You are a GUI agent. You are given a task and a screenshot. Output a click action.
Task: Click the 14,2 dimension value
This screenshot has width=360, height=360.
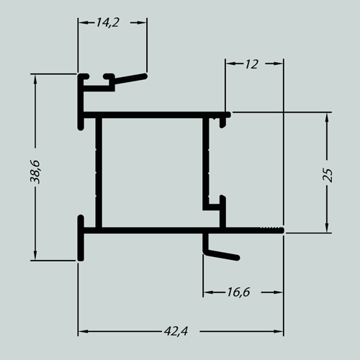108,23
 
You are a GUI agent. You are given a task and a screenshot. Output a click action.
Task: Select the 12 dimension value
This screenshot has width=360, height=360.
252,64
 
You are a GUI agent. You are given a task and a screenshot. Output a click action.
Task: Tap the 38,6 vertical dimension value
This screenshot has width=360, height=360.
35,171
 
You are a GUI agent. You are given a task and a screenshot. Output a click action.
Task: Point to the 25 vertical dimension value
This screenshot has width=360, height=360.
328,175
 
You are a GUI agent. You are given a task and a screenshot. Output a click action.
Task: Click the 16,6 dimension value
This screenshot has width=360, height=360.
238,292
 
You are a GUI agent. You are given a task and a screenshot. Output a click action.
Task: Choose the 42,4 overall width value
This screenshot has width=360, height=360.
176,331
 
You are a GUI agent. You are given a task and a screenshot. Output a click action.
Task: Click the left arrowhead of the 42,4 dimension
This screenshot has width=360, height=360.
83,331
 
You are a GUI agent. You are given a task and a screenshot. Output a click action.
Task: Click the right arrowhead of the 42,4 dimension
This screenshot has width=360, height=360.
279,331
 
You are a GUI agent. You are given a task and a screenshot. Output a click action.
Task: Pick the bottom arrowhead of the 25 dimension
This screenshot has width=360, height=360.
327,228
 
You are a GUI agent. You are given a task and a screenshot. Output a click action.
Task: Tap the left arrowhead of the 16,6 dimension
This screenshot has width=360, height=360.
208,292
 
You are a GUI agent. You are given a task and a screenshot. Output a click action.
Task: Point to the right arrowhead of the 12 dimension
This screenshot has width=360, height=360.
279,63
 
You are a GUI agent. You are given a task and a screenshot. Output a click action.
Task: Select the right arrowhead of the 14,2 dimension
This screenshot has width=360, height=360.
142,22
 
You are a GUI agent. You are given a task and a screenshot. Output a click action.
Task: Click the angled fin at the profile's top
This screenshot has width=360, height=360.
130,78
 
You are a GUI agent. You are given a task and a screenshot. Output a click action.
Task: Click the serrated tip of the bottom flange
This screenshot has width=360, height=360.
272,230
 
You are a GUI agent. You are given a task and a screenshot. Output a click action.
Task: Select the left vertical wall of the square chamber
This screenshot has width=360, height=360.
99,172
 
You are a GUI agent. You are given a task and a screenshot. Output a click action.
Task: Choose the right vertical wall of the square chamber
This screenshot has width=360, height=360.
206,163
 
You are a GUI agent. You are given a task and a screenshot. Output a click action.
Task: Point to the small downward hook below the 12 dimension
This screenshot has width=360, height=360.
223,122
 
